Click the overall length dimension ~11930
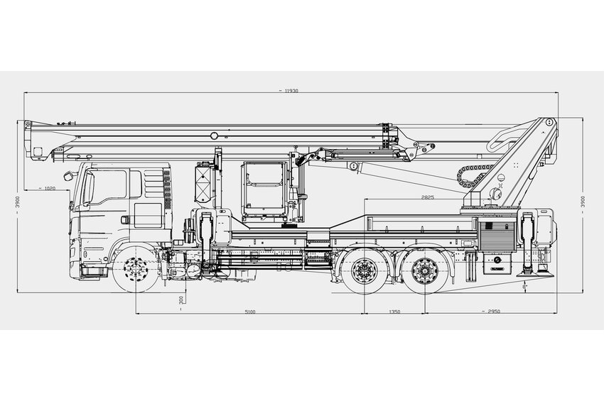pyautogui.click(x=288, y=92)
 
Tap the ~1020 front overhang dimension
pyautogui.click(x=49, y=189)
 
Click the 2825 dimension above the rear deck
pyautogui.click(x=427, y=197)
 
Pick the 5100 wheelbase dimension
pyautogui.click(x=249, y=311)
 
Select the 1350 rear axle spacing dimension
pyautogui.click(x=394, y=311)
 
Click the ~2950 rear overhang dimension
pyautogui.click(x=493, y=311)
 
